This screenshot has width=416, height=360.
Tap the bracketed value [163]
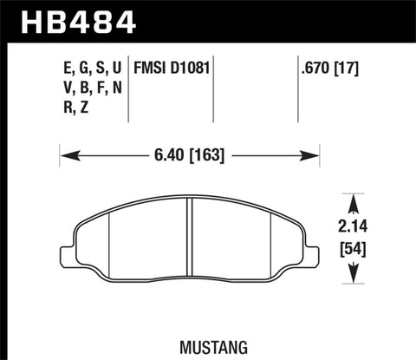(208, 157)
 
